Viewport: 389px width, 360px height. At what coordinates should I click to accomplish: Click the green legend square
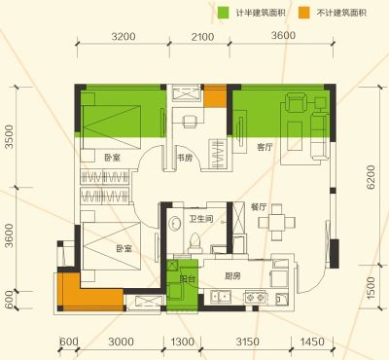223,13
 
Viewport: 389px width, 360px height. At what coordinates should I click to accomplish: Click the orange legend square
303,13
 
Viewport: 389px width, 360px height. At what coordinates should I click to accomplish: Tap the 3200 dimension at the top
124,36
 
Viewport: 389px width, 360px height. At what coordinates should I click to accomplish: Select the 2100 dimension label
202,36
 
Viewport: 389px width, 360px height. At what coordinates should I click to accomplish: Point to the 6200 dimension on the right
371,177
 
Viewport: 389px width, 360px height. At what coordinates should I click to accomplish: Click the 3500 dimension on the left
10,137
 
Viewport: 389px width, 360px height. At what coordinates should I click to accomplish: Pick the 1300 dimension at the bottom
183,342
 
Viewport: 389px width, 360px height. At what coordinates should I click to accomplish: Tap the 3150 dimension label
247,342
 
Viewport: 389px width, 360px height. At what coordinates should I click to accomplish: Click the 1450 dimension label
312,342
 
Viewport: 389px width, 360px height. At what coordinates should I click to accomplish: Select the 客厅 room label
265,148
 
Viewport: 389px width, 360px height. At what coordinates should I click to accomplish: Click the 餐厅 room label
259,207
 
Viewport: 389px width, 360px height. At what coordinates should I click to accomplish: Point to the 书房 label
185,158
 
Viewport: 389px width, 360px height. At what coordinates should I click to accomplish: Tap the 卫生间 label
201,219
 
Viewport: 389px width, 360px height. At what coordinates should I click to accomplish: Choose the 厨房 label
232,276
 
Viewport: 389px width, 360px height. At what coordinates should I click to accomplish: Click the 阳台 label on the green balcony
187,278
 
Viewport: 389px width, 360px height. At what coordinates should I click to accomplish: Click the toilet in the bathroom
195,243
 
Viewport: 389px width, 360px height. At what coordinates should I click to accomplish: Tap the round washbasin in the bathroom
175,223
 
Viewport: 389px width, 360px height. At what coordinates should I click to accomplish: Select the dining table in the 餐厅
277,222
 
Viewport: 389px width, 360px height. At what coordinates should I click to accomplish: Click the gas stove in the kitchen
255,298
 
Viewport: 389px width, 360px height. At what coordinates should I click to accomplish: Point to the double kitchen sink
221,297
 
